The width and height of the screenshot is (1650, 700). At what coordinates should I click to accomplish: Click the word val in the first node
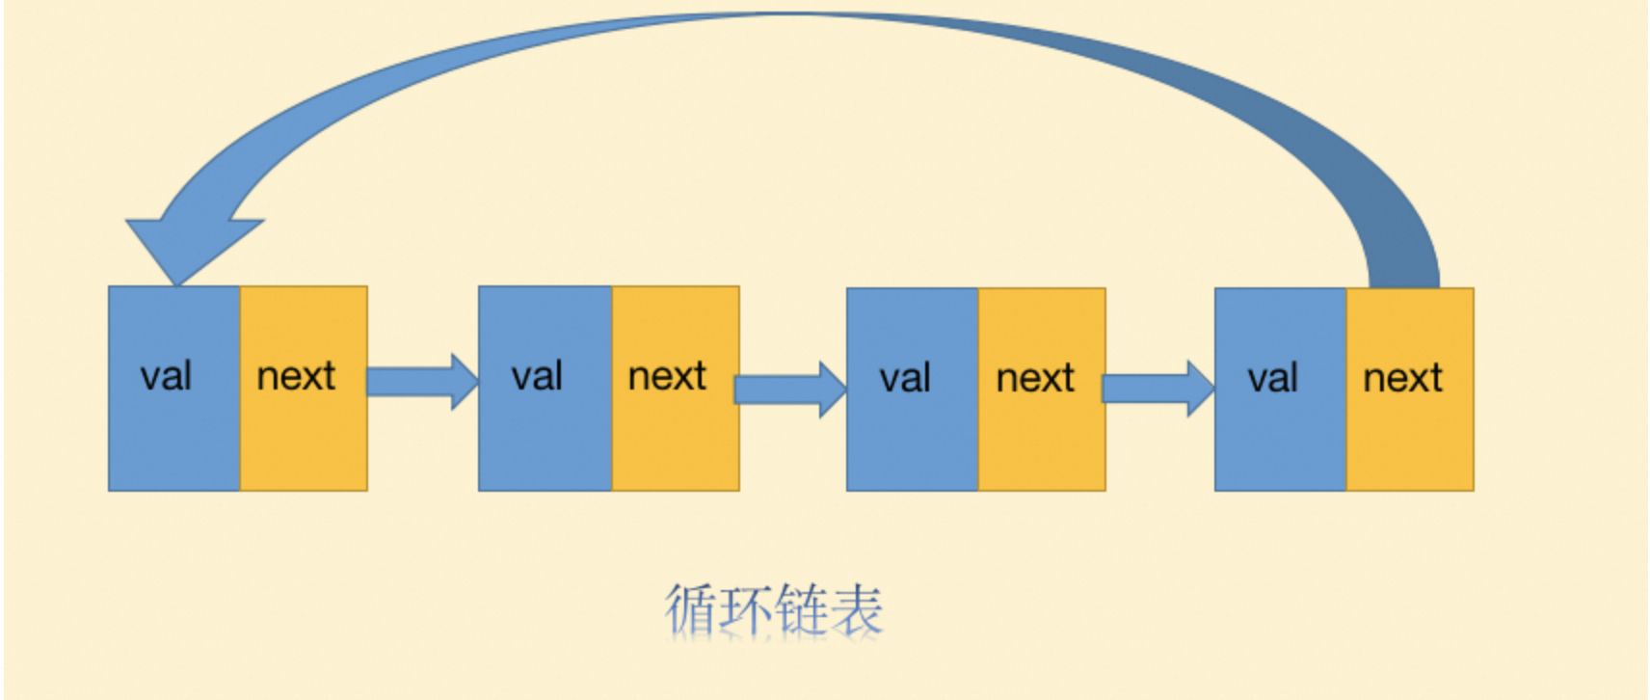pyautogui.click(x=166, y=376)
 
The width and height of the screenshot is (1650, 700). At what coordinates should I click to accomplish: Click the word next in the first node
pyautogui.click(x=296, y=376)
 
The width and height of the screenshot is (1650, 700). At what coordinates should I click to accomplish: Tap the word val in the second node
pyautogui.click(x=537, y=376)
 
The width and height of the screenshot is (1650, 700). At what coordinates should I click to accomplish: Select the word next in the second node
pyautogui.click(x=667, y=376)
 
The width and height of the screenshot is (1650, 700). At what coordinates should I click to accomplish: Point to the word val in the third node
pyautogui.click(x=905, y=378)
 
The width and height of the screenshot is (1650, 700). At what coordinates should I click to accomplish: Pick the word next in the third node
pyautogui.click(x=1035, y=378)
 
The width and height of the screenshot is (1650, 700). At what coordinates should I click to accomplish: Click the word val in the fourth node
pyautogui.click(x=1273, y=378)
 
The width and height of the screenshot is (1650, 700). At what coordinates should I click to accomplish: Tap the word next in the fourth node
pyautogui.click(x=1402, y=378)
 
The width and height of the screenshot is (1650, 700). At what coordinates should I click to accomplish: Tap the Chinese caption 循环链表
pyautogui.click(x=773, y=609)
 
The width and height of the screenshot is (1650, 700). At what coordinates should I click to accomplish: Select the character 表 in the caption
pyautogui.click(x=857, y=609)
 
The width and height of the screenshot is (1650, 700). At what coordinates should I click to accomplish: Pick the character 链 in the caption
pyautogui.click(x=802, y=609)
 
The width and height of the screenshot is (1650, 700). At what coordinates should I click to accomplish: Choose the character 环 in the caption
pyautogui.click(x=746, y=609)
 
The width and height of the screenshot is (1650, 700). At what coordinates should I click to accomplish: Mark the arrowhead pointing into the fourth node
pyautogui.click(x=1200, y=389)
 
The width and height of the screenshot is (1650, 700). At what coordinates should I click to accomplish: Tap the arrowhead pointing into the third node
pyautogui.click(x=832, y=390)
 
